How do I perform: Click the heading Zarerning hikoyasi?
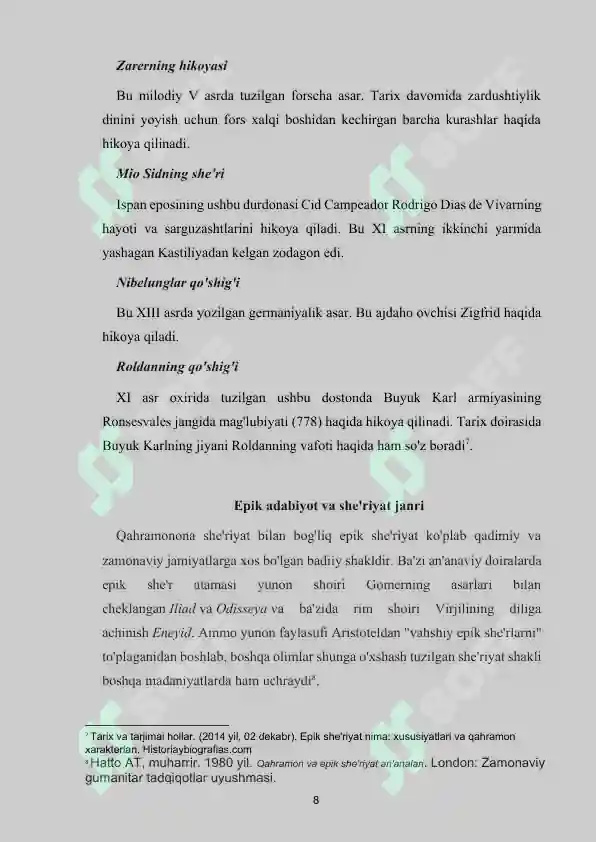173,66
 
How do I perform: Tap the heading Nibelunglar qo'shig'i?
178,281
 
